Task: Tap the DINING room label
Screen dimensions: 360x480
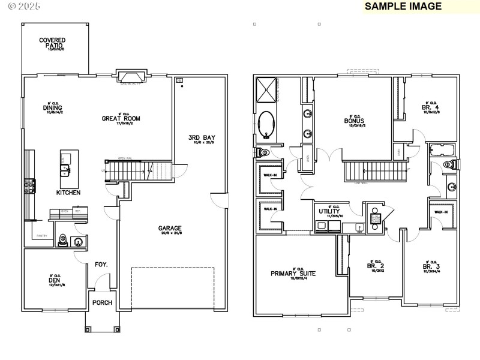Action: point(53,108)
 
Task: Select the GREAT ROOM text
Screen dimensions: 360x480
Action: point(121,118)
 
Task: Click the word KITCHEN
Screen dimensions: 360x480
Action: point(68,193)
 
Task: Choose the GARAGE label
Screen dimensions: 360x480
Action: point(170,228)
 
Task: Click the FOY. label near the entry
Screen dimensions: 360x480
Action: point(101,264)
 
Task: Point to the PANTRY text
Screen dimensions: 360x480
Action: point(41,235)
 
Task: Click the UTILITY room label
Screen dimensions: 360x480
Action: point(329,212)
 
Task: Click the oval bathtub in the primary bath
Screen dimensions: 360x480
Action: point(266,125)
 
